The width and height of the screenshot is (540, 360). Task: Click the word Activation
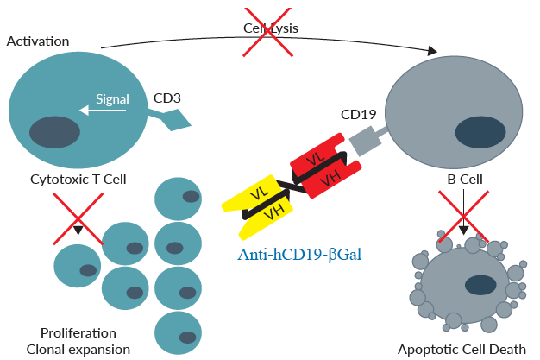click(x=38, y=41)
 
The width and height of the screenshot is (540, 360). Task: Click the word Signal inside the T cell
click(x=112, y=99)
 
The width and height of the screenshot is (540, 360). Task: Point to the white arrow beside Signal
click(x=86, y=110)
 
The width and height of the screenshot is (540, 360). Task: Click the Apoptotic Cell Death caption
click(x=461, y=349)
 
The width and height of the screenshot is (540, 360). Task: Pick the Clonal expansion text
click(x=78, y=349)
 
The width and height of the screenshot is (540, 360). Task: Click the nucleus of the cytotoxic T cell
click(x=55, y=133)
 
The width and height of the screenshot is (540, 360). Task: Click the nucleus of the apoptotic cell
click(x=480, y=284)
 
